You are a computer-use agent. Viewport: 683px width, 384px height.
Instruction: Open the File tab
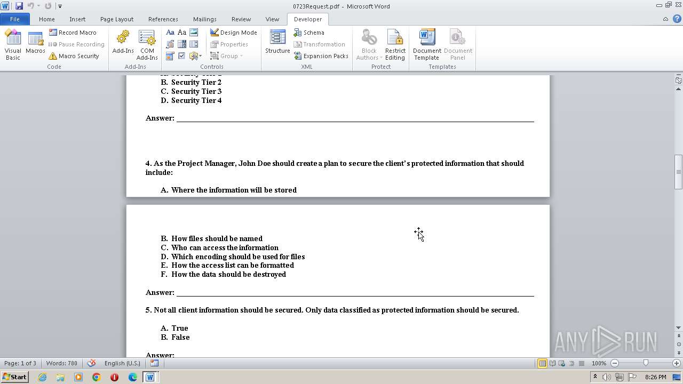coord(15,19)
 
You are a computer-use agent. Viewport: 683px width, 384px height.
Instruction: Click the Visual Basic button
coord(13,45)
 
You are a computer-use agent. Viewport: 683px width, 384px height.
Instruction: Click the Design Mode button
coord(233,33)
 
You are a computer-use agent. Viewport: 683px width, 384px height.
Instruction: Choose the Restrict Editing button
coord(395,45)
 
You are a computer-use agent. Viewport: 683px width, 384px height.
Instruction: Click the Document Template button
coord(426,45)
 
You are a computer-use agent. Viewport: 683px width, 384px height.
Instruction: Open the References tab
coord(163,19)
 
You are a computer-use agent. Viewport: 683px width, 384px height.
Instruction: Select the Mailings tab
coord(204,19)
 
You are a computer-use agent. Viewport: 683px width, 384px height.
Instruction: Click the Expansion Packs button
coord(321,56)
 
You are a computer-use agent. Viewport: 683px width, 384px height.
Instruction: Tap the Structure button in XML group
coord(277,43)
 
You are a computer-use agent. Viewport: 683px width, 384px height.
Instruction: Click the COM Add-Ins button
coord(147,45)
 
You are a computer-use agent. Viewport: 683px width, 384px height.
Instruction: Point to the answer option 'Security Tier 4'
coord(196,100)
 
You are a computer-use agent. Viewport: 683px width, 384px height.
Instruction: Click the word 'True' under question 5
coord(179,328)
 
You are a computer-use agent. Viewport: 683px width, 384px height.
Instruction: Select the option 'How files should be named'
coord(217,238)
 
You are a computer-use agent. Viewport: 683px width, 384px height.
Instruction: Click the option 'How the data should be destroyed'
coord(228,274)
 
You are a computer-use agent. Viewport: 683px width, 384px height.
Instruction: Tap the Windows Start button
coord(14,377)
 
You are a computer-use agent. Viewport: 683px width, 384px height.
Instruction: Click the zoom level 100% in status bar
coord(599,363)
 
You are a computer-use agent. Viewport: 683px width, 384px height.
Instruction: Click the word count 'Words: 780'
coord(62,363)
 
